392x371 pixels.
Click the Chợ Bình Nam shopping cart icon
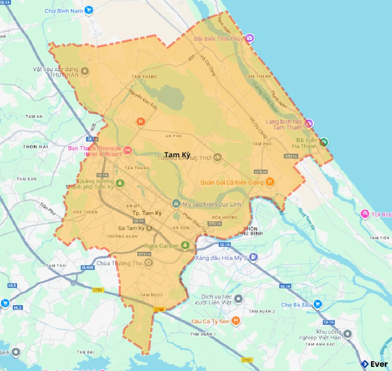click(x=89, y=9)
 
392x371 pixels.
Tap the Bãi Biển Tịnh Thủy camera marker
click(x=249, y=38)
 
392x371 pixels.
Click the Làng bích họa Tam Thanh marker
click(x=309, y=124)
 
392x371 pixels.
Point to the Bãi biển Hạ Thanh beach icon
click(x=324, y=142)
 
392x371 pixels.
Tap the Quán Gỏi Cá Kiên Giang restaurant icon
click(x=271, y=181)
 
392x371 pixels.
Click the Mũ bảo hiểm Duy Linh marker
click(x=176, y=204)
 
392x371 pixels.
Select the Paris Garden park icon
click(x=187, y=246)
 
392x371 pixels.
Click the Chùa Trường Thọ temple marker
click(x=149, y=263)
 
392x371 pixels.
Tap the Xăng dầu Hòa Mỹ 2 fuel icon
click(x=254, y=258)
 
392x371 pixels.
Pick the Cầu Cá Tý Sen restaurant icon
click(x=235, y=321)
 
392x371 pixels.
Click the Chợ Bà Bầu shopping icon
click(x=317, y=305)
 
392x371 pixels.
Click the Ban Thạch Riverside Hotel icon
click(x=128, y=151)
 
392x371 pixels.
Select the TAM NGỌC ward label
click(x=151, y=295)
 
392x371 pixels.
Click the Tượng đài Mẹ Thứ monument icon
click(x=217, y=158)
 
